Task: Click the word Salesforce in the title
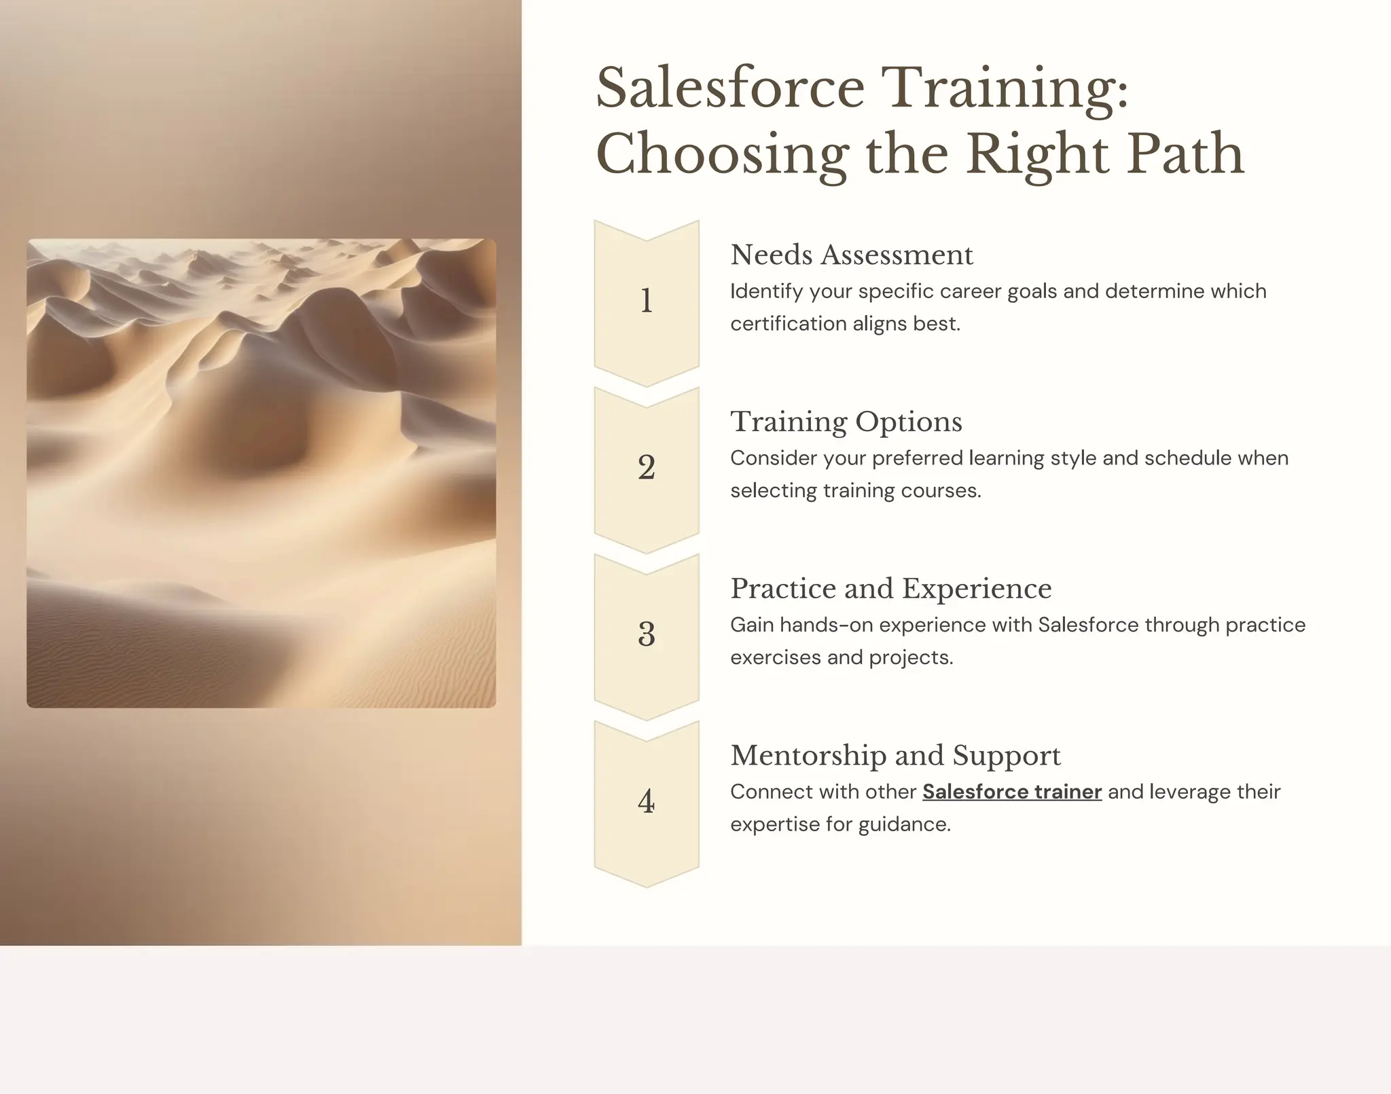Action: pos(730,88)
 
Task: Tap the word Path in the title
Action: pos(1185,154)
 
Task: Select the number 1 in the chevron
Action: pos(647,301)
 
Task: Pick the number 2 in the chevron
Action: pos(647,467)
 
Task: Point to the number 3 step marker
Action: pos(647,634)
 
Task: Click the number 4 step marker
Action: pos(647,801)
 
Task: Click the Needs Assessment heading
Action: pos(852,255)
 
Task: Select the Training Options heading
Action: pos(846,422)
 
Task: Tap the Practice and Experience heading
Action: pos(891,589)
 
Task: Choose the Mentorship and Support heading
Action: pos(895,756)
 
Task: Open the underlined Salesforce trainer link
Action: pos(1012,792)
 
